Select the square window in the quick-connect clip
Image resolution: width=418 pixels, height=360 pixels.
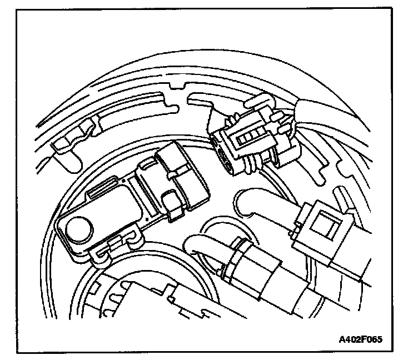pos(321,226)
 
